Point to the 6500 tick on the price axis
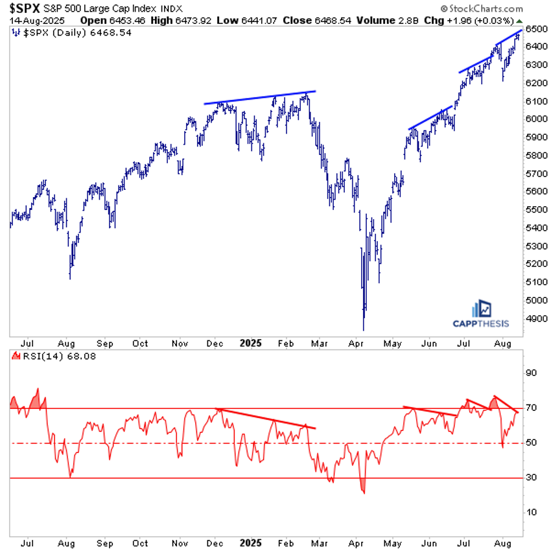535,29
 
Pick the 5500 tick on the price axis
535,209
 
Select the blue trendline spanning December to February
259,97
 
